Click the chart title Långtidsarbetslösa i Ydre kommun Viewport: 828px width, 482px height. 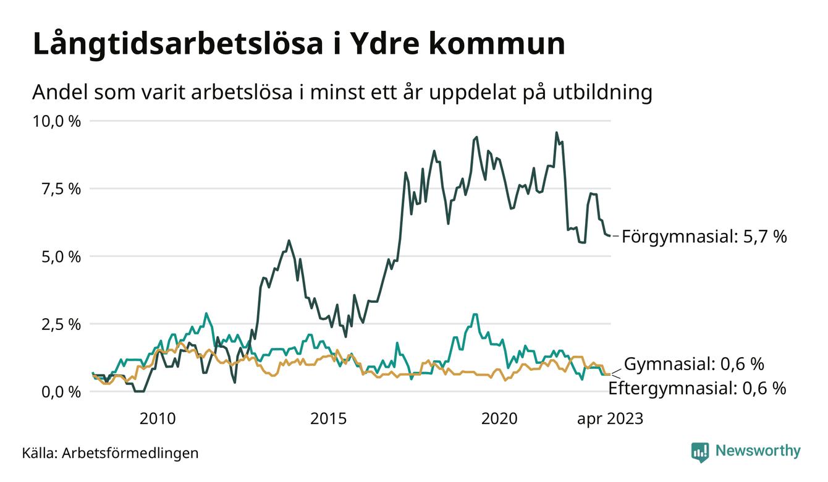(x=298, y=45)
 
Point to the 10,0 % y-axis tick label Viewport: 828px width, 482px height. (x=57, y=121)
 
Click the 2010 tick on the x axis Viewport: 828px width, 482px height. (x=158, y=419)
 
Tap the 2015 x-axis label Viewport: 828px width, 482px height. (x=328, y=419)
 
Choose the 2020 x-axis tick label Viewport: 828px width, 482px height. (x=499, y=419)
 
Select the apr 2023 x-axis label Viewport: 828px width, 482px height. (x=610, y=419)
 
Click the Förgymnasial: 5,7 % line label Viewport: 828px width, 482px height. (x=704, y=237)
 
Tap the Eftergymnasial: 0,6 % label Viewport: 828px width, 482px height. (x=697, y=389)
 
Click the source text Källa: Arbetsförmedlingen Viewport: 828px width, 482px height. (x=110, y=453)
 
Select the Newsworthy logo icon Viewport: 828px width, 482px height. (x=700, y=452)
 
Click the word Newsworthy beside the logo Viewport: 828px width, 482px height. (x=758, y=451)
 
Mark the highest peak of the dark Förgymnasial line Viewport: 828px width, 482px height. (x=557, y=132)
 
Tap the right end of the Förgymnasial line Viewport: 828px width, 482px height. (x=610, y=235)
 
